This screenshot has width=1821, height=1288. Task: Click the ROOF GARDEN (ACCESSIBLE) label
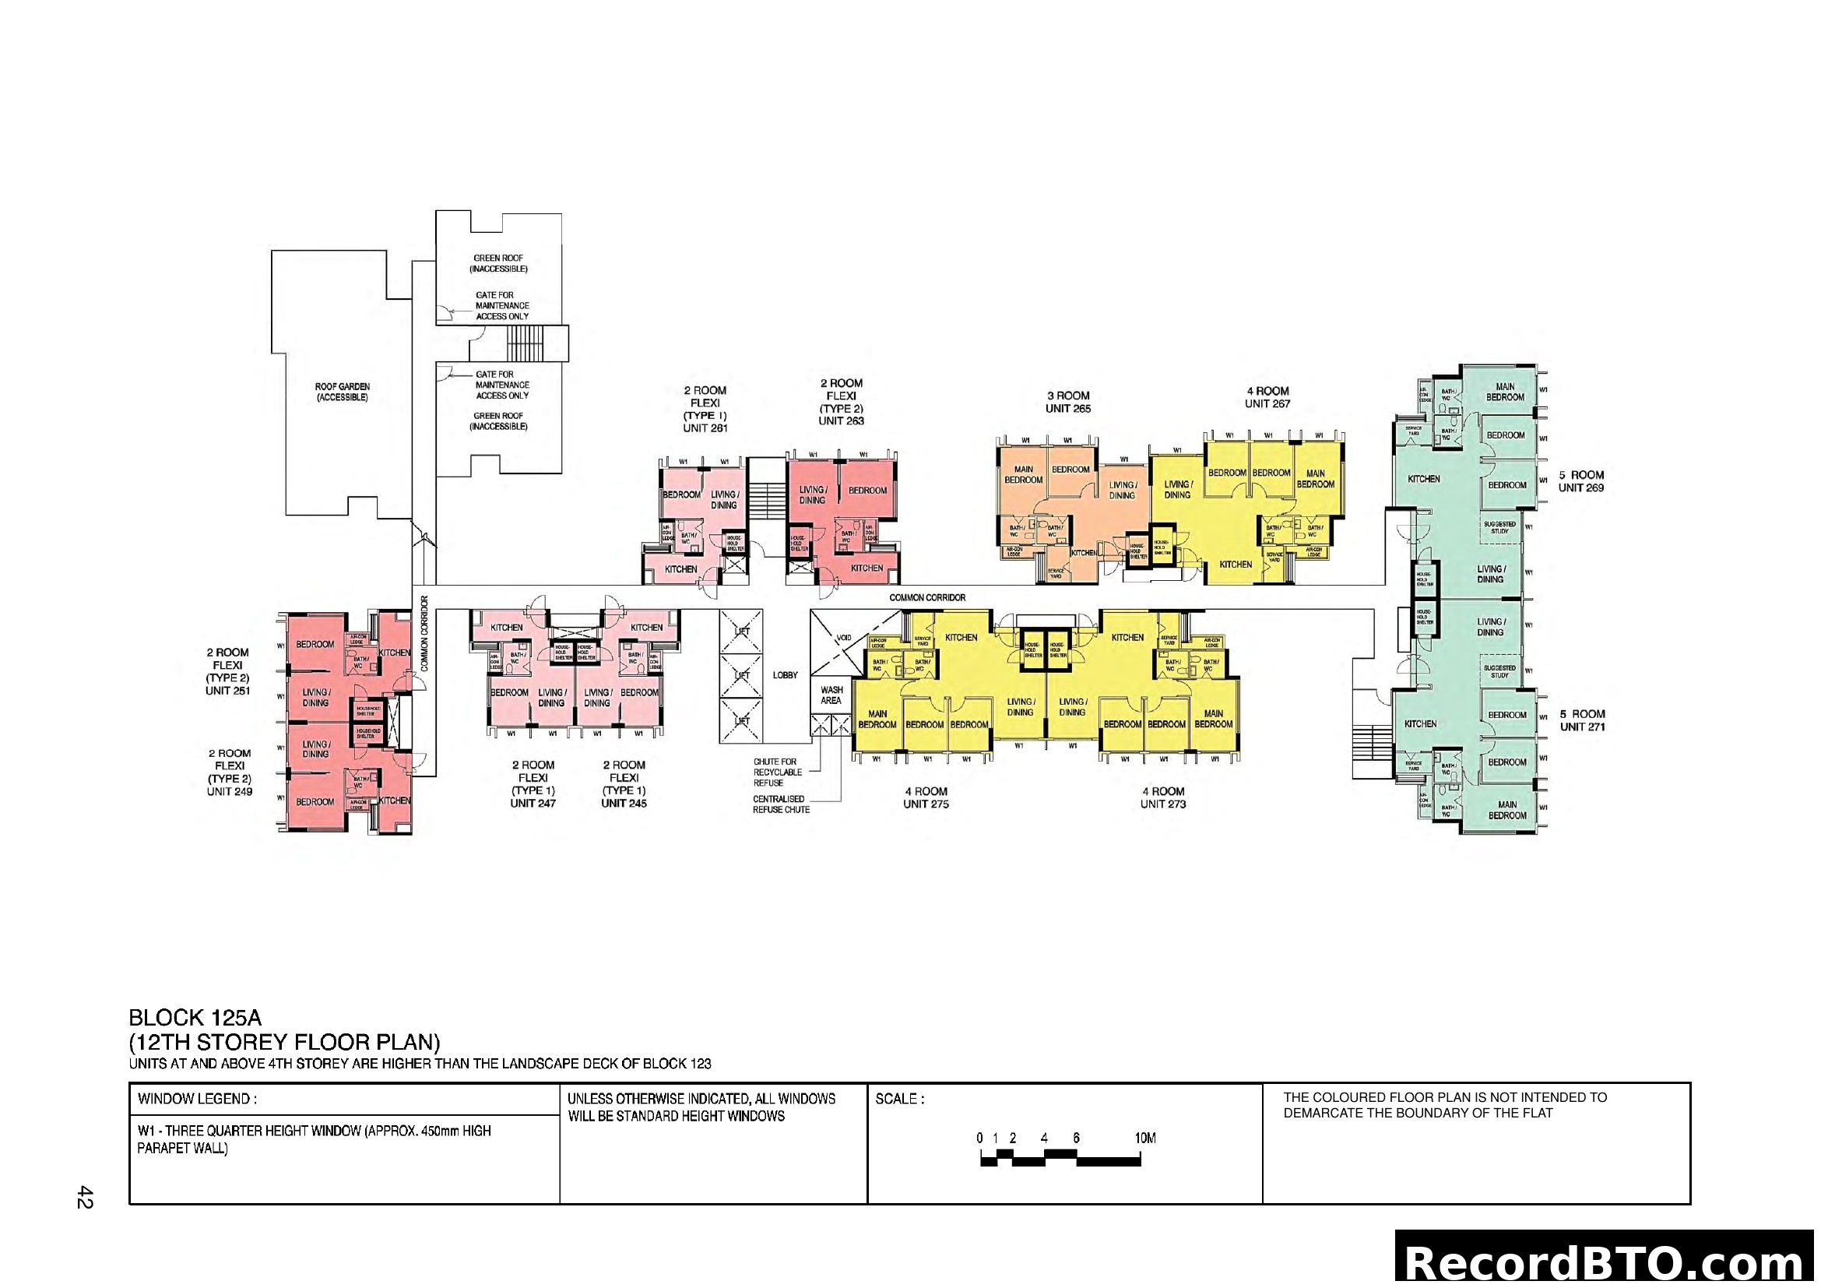(x=342, y=392)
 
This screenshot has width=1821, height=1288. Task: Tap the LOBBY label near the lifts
(x=786, y=675)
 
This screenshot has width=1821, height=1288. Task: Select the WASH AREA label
(x=831, y=695)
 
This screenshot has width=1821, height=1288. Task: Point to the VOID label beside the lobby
(x=844, y=638)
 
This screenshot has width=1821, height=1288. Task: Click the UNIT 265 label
(x=1067, y=409)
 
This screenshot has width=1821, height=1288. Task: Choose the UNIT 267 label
(x=1267, y=403)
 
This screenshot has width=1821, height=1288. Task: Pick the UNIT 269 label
(x=1580, y=487)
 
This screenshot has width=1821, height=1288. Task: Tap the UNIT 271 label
(x=1582, y=727)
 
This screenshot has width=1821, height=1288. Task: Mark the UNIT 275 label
(x=926, y=804)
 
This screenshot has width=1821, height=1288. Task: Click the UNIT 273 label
(x=1162, y=804)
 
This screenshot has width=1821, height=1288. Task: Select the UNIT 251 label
(x=227, y=690)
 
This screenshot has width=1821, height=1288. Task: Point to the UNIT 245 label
(x=624, y=803)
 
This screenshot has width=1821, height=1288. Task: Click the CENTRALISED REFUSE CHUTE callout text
(x=780, y=804)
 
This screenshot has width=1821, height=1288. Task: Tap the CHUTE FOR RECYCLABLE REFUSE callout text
(x=776, y=772)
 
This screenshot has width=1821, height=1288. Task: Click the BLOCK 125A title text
(x=195, y=1018)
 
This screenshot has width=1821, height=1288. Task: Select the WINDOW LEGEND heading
(x=197, y=1100)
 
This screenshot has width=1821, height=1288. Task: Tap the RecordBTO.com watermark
(x=1606, y=1262)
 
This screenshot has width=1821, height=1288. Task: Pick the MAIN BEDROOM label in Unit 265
(x=1023, y=474)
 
